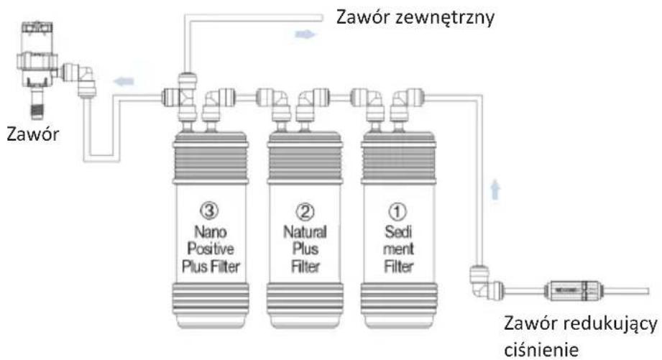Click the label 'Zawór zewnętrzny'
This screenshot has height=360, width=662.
coord(415,18)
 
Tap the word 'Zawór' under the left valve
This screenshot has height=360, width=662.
coord(32,134)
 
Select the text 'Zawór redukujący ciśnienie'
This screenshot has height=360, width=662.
coord(581,336)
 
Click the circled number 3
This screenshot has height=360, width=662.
coord(209,211)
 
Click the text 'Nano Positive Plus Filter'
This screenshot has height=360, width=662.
coord(211,249)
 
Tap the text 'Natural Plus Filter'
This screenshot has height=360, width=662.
coord(305,249)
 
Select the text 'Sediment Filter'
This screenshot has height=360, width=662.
coord(398,249)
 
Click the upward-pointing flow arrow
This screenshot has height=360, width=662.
coord(495,190)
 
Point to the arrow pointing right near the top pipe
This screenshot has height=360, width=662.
coord(305,34)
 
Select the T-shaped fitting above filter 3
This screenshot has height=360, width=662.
coord(183,97)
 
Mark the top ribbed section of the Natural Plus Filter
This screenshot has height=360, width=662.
coord(305,157)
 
